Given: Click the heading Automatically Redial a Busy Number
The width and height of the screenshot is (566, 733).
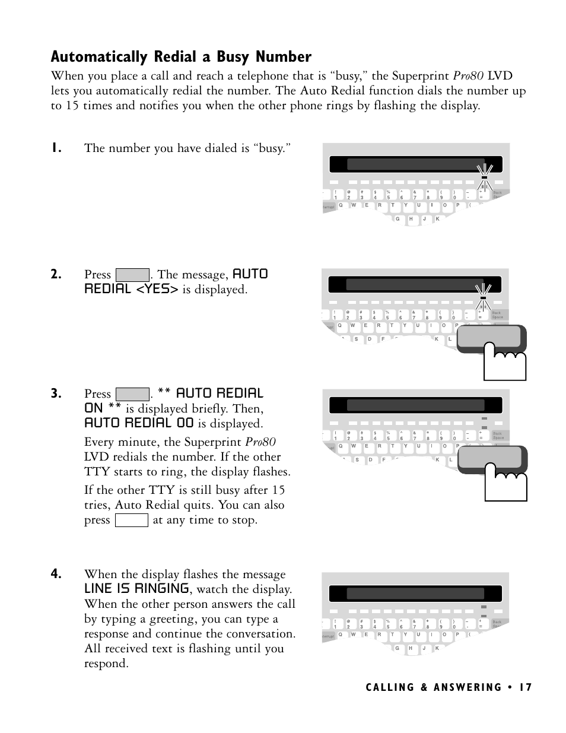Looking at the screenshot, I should [181, 57].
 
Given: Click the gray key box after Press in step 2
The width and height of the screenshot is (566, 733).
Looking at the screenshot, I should [132, 275].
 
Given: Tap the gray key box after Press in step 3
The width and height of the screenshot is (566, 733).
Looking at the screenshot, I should [132, 394].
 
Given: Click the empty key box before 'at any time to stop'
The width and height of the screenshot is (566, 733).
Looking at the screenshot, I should [131, 521].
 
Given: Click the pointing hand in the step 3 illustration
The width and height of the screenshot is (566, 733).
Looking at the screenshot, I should [506, 480].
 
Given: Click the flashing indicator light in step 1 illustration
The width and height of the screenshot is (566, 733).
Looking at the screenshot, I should [484, 177].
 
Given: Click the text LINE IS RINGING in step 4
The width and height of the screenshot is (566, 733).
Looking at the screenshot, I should [136, 589].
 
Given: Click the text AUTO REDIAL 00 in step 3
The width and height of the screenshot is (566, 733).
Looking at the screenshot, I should [139, 423].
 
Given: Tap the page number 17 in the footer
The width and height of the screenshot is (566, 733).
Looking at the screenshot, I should [525, 687].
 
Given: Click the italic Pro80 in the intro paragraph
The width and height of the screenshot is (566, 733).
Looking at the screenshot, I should [469, 76].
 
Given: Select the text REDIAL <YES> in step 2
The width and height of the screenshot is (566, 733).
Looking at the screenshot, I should [131, 289].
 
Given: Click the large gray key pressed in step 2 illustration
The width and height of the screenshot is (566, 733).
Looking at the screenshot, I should [490, 338].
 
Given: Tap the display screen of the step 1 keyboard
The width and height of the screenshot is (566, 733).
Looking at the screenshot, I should [415, 164].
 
